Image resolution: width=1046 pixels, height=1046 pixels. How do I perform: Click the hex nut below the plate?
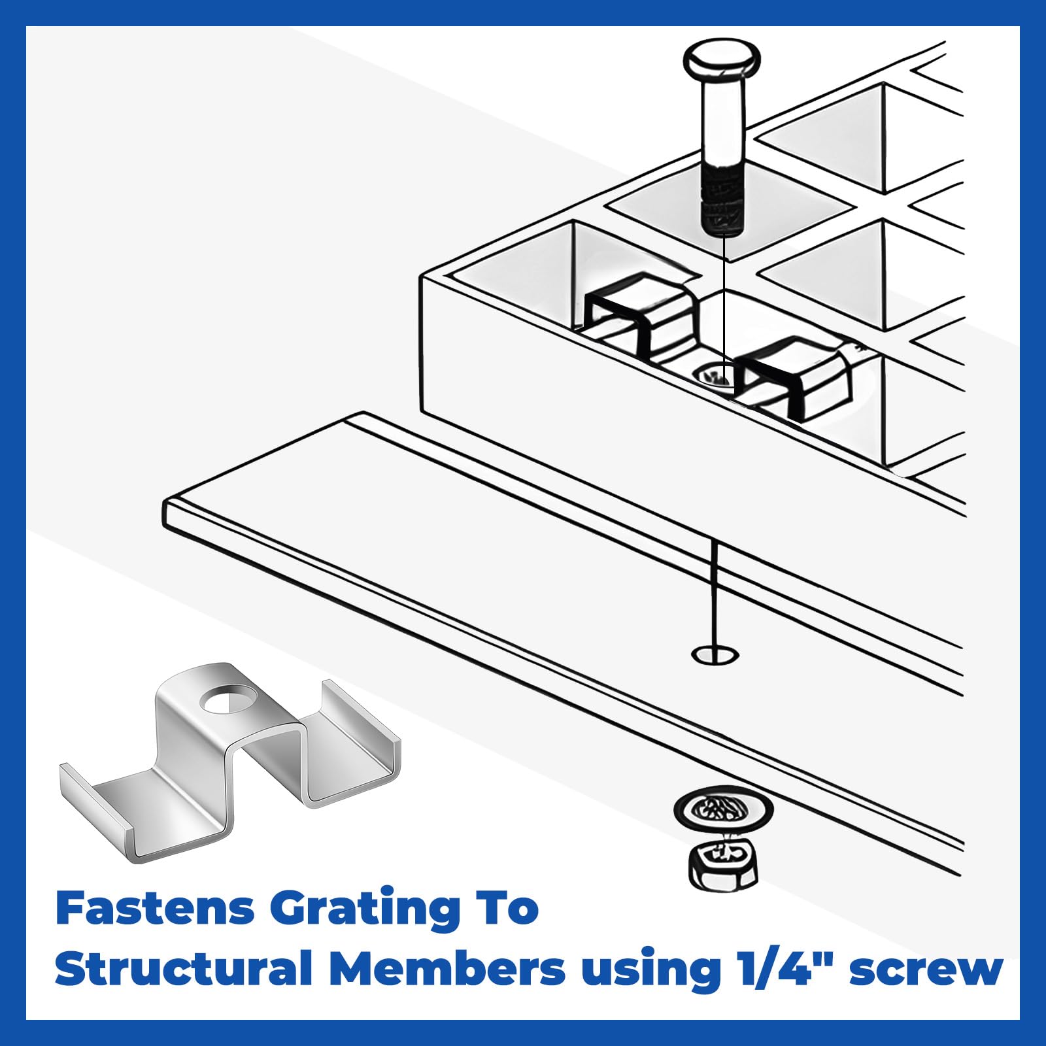(722, 863)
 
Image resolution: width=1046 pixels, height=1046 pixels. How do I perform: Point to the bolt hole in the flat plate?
(715, 654)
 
